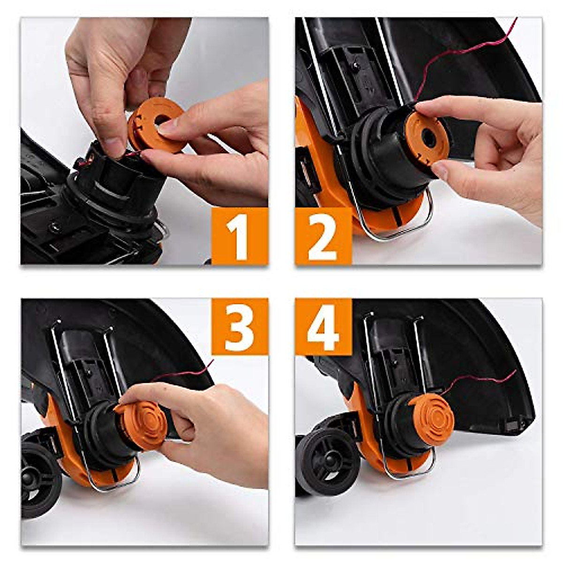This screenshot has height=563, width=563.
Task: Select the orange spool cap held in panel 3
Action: tap(141, 425)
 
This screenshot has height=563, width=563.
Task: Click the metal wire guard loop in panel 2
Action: tap(399, 235)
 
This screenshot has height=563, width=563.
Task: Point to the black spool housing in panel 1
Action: tap(117, 183)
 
